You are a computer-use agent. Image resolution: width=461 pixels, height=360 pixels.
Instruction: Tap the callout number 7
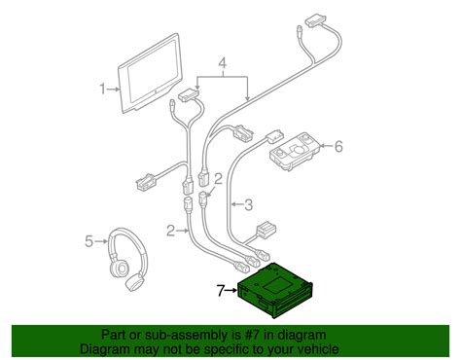221,289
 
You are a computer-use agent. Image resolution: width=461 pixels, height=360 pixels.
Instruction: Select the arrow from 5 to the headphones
100,240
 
